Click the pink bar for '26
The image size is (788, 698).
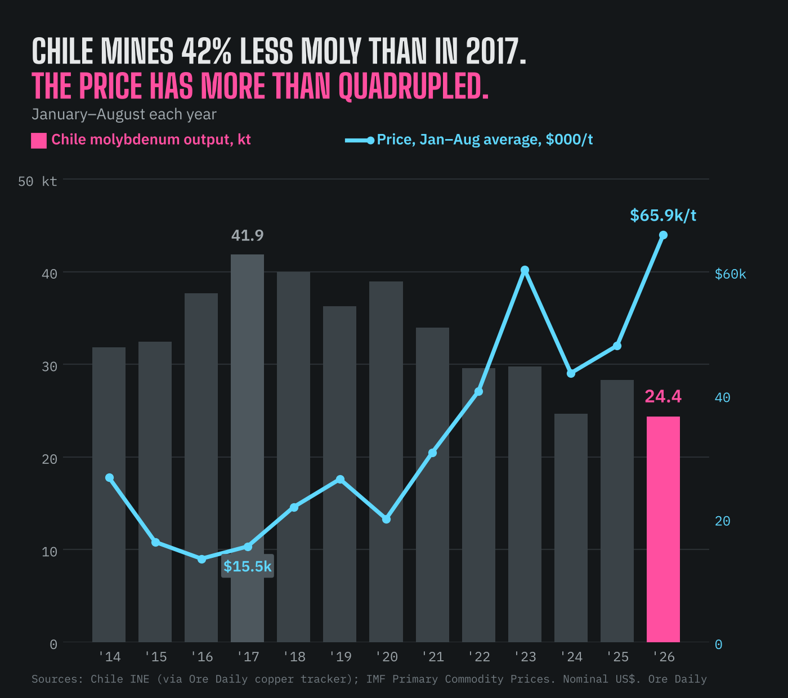click(663, 529)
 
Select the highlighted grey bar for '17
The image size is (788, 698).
click(247, 448)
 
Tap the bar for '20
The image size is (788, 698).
click(386, 462)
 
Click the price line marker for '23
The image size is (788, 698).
click(525, 270)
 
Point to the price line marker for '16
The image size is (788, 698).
click(202, 559)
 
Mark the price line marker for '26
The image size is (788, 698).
click(664, 235)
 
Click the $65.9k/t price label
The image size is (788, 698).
click(663, 215)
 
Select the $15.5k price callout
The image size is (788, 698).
click(247, 566)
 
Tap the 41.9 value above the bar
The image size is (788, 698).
click(247, 235)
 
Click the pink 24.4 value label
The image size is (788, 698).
click(663, 396)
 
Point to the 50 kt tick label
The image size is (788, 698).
click(37, 181)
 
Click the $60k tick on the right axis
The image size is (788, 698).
click(731, 274)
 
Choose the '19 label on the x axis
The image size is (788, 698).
click(341, 657)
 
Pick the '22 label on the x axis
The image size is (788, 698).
click(479, 657)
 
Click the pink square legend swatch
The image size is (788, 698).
click(39, 141)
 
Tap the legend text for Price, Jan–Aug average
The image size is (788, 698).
click(485, 140)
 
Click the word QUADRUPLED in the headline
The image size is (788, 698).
click(413, 86)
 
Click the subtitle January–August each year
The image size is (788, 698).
click(124, 114)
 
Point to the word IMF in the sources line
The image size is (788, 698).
click(375, 679)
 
